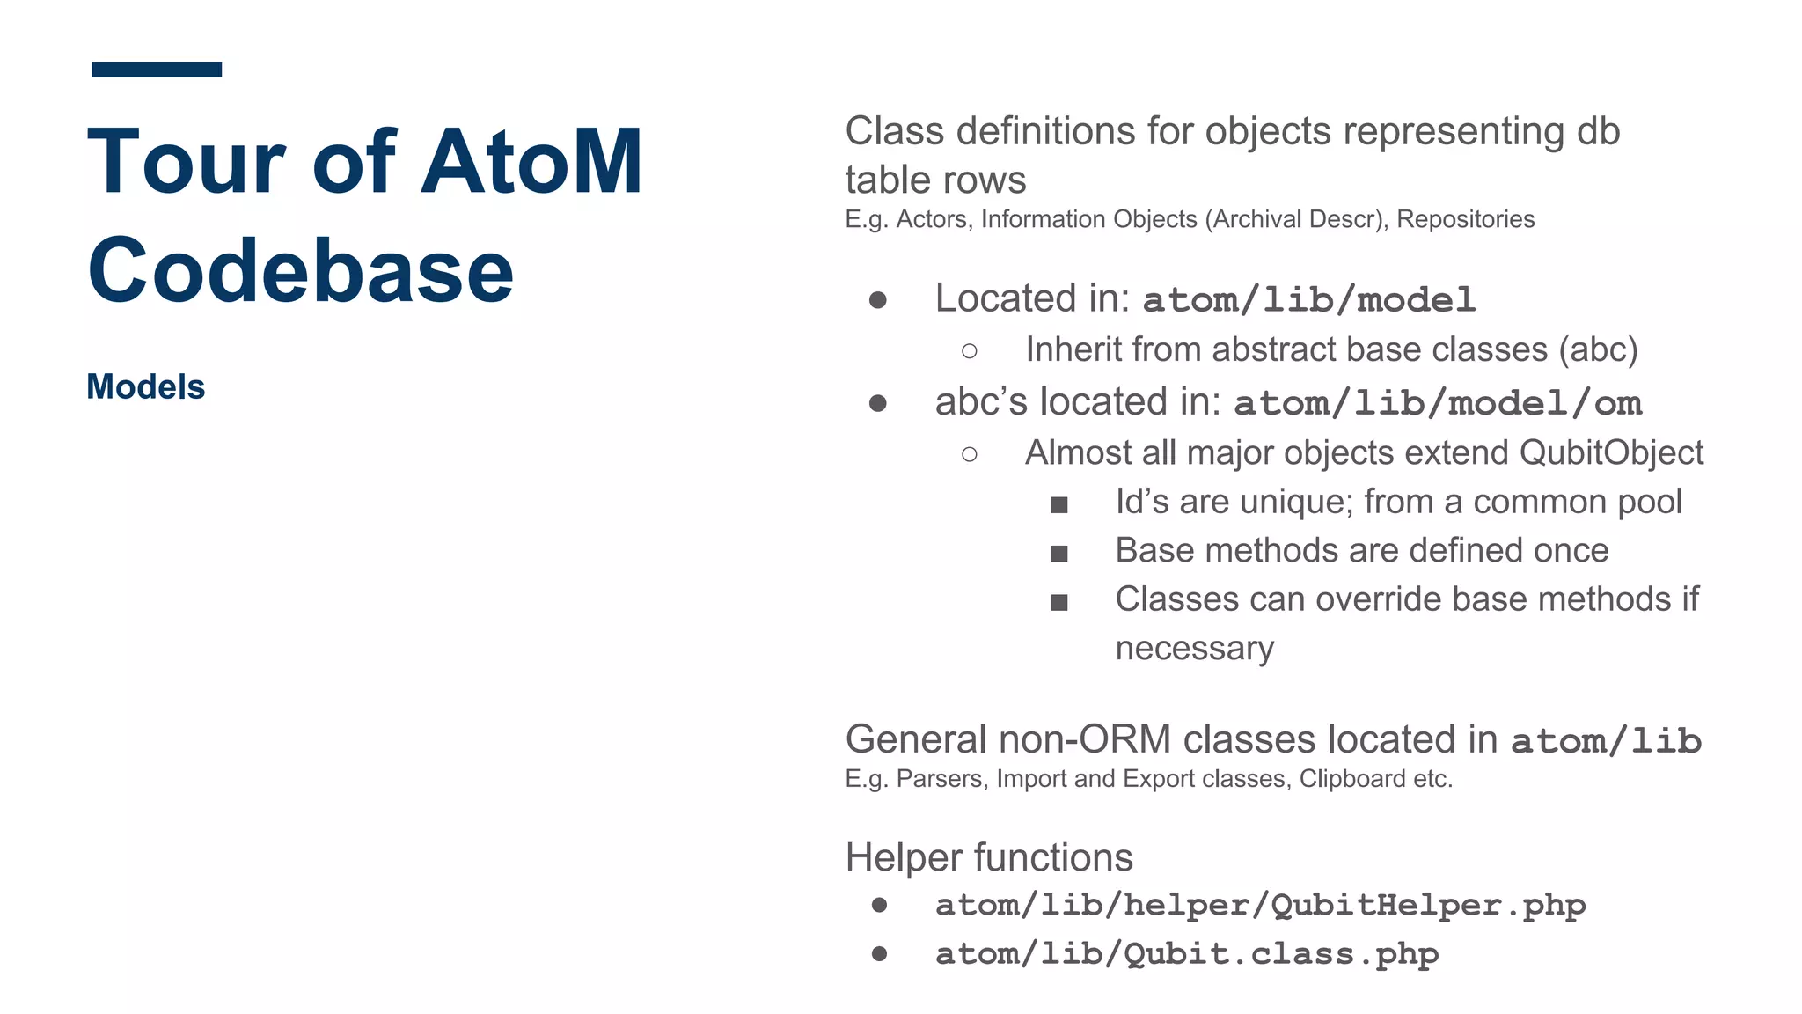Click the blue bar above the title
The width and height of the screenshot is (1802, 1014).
(x=157, y=70)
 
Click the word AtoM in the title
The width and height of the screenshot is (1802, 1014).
(x=531, y=163)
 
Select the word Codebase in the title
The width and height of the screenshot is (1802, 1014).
(x=300, y=271)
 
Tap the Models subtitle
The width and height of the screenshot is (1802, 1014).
(x=146, y=387)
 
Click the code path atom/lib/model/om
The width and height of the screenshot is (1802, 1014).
(x=1437, y=403)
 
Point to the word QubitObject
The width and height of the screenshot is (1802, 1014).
(x=1611, y=452)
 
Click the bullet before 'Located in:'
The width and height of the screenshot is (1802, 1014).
(x=877, y=300)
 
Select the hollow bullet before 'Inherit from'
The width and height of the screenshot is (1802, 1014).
(x=969, y=351)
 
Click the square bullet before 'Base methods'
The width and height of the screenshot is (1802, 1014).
(x=1059, y=554)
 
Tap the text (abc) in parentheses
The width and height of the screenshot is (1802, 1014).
(x=1598, y=350)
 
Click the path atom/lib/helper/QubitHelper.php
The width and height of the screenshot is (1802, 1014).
(x=1260, y=905)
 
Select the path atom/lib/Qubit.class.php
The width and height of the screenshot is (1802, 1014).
(x=1187, y=954)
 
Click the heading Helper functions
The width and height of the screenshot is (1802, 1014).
(x=989, y=857)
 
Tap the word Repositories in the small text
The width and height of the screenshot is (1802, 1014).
(x=1465, y=219)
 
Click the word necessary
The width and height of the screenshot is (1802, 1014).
(x=1194, y=649)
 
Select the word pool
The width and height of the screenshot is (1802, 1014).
(x=1652, y=502)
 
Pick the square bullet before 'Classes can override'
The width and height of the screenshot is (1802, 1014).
(x=1059, y=603)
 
